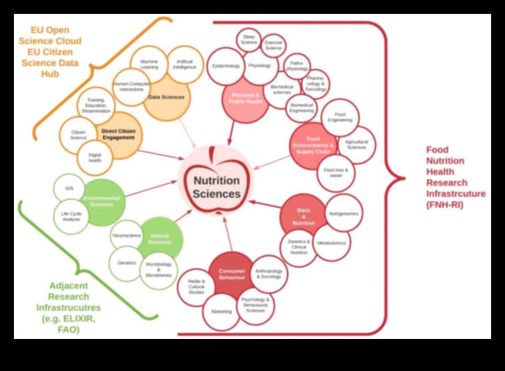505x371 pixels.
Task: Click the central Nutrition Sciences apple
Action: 216,182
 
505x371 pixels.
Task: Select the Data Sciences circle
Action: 166,97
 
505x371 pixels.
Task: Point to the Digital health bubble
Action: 94,157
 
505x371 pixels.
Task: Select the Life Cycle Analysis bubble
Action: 71,216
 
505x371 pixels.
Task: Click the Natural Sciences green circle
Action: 160,239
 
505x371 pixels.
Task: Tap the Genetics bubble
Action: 127,263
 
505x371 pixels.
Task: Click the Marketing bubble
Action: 222,311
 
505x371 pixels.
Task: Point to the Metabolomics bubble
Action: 332,243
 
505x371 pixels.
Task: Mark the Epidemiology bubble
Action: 226,66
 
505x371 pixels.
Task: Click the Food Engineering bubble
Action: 341,117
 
